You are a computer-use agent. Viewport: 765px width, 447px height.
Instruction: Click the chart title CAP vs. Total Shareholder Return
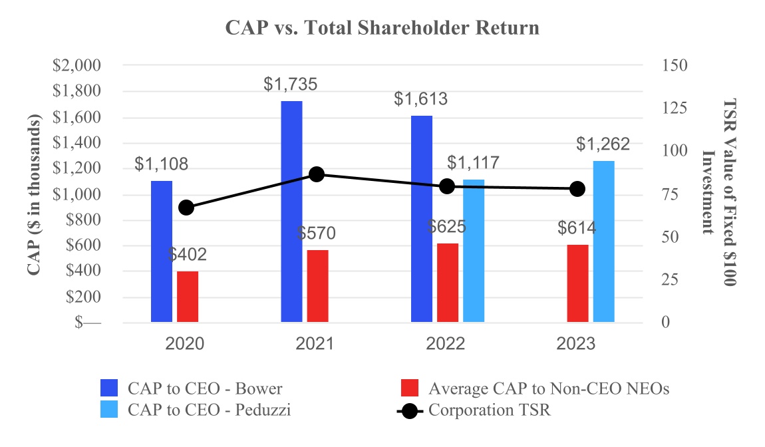(x=382, y=28)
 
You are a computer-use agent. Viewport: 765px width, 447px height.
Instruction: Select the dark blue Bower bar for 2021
(x=291, y=212)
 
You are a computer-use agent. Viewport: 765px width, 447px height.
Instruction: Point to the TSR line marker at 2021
(x=317, y=174)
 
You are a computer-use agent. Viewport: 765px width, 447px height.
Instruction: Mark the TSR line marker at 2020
(x=187, y=208)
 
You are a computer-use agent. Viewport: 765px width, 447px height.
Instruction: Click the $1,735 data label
(x=291, y=84)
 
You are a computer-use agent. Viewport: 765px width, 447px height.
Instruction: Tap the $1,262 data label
(x=603, y=144)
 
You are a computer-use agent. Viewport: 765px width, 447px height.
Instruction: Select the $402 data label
(x=188, y=254)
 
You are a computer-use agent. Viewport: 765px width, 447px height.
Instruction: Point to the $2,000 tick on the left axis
(x=76, y=66)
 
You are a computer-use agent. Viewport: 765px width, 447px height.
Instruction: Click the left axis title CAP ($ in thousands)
(x=35, y=194)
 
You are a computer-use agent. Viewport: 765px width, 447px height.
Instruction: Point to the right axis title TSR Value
(x=721, y=194)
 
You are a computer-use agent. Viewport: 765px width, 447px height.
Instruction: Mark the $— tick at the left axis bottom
(x=88, y=323)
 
